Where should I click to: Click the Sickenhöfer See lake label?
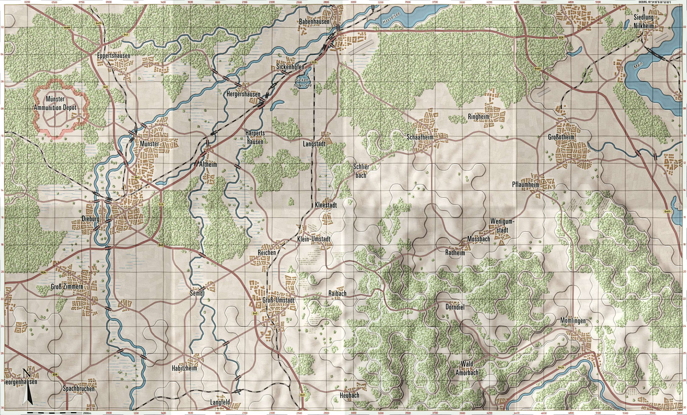[x=304, y=83]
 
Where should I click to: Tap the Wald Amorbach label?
[x=467, y=368]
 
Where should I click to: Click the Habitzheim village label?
[x=185, y=368]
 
